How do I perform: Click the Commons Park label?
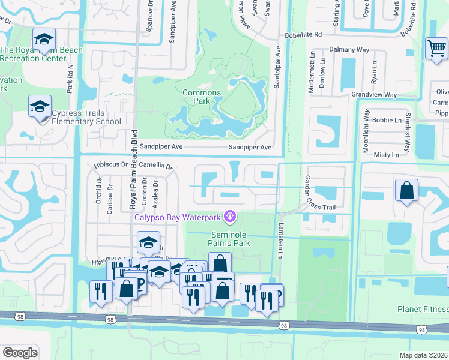coord(201,97)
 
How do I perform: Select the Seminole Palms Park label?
coord(229,239)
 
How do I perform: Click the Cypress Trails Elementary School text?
coord(86,117)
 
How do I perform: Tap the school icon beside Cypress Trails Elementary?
coord(40,107)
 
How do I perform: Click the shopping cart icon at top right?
coord(436,49)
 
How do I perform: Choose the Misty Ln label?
coord(386,155)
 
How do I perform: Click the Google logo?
coord(20,353)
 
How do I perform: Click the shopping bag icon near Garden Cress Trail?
coord(406,190)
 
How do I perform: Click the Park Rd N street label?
coord(70,78)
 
